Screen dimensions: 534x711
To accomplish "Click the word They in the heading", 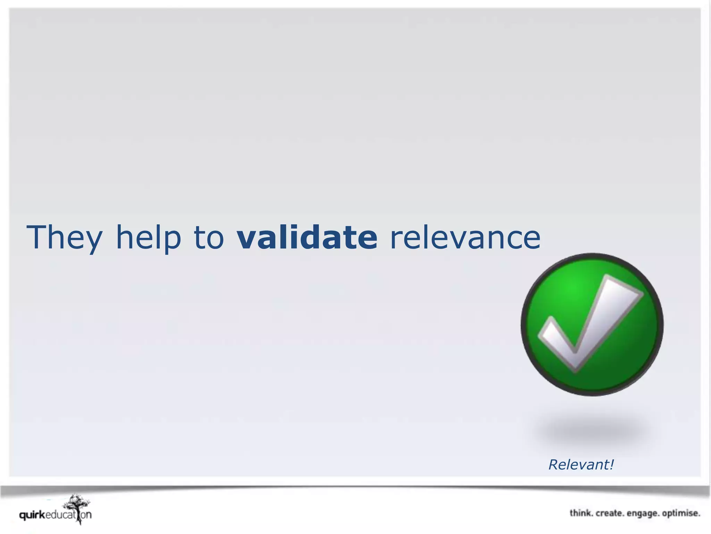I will coord(64,237).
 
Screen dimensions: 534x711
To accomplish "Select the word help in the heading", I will coord(148,237).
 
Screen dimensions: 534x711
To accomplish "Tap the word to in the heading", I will coord(209,237).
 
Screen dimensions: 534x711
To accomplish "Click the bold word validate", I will coord(307,237).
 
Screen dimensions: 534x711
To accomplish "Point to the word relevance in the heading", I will coord(465,237).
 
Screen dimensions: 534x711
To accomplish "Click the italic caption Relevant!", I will coord(581,465).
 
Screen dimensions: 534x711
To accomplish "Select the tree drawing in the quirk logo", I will coord(77,506).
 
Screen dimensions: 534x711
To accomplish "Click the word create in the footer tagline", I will coord(610,513).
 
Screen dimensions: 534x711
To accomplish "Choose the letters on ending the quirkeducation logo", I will coord(86,515).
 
